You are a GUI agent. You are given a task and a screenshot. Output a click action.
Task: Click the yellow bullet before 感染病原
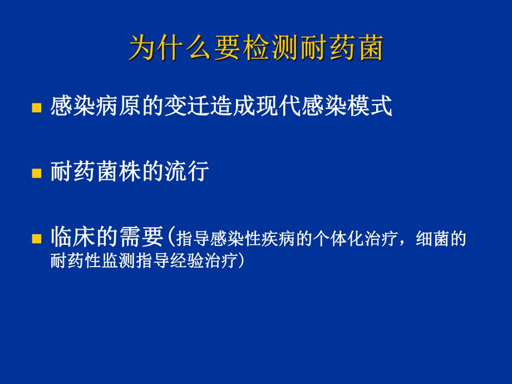coord(37,108)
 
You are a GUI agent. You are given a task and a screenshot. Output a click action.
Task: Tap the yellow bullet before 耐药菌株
coord(37,173)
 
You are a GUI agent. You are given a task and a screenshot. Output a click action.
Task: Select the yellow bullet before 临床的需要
coord(37,239)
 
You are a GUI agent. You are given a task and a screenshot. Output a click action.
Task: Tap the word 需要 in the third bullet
coord(147,238)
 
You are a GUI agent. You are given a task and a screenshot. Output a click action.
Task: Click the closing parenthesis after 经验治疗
coord(240,260)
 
